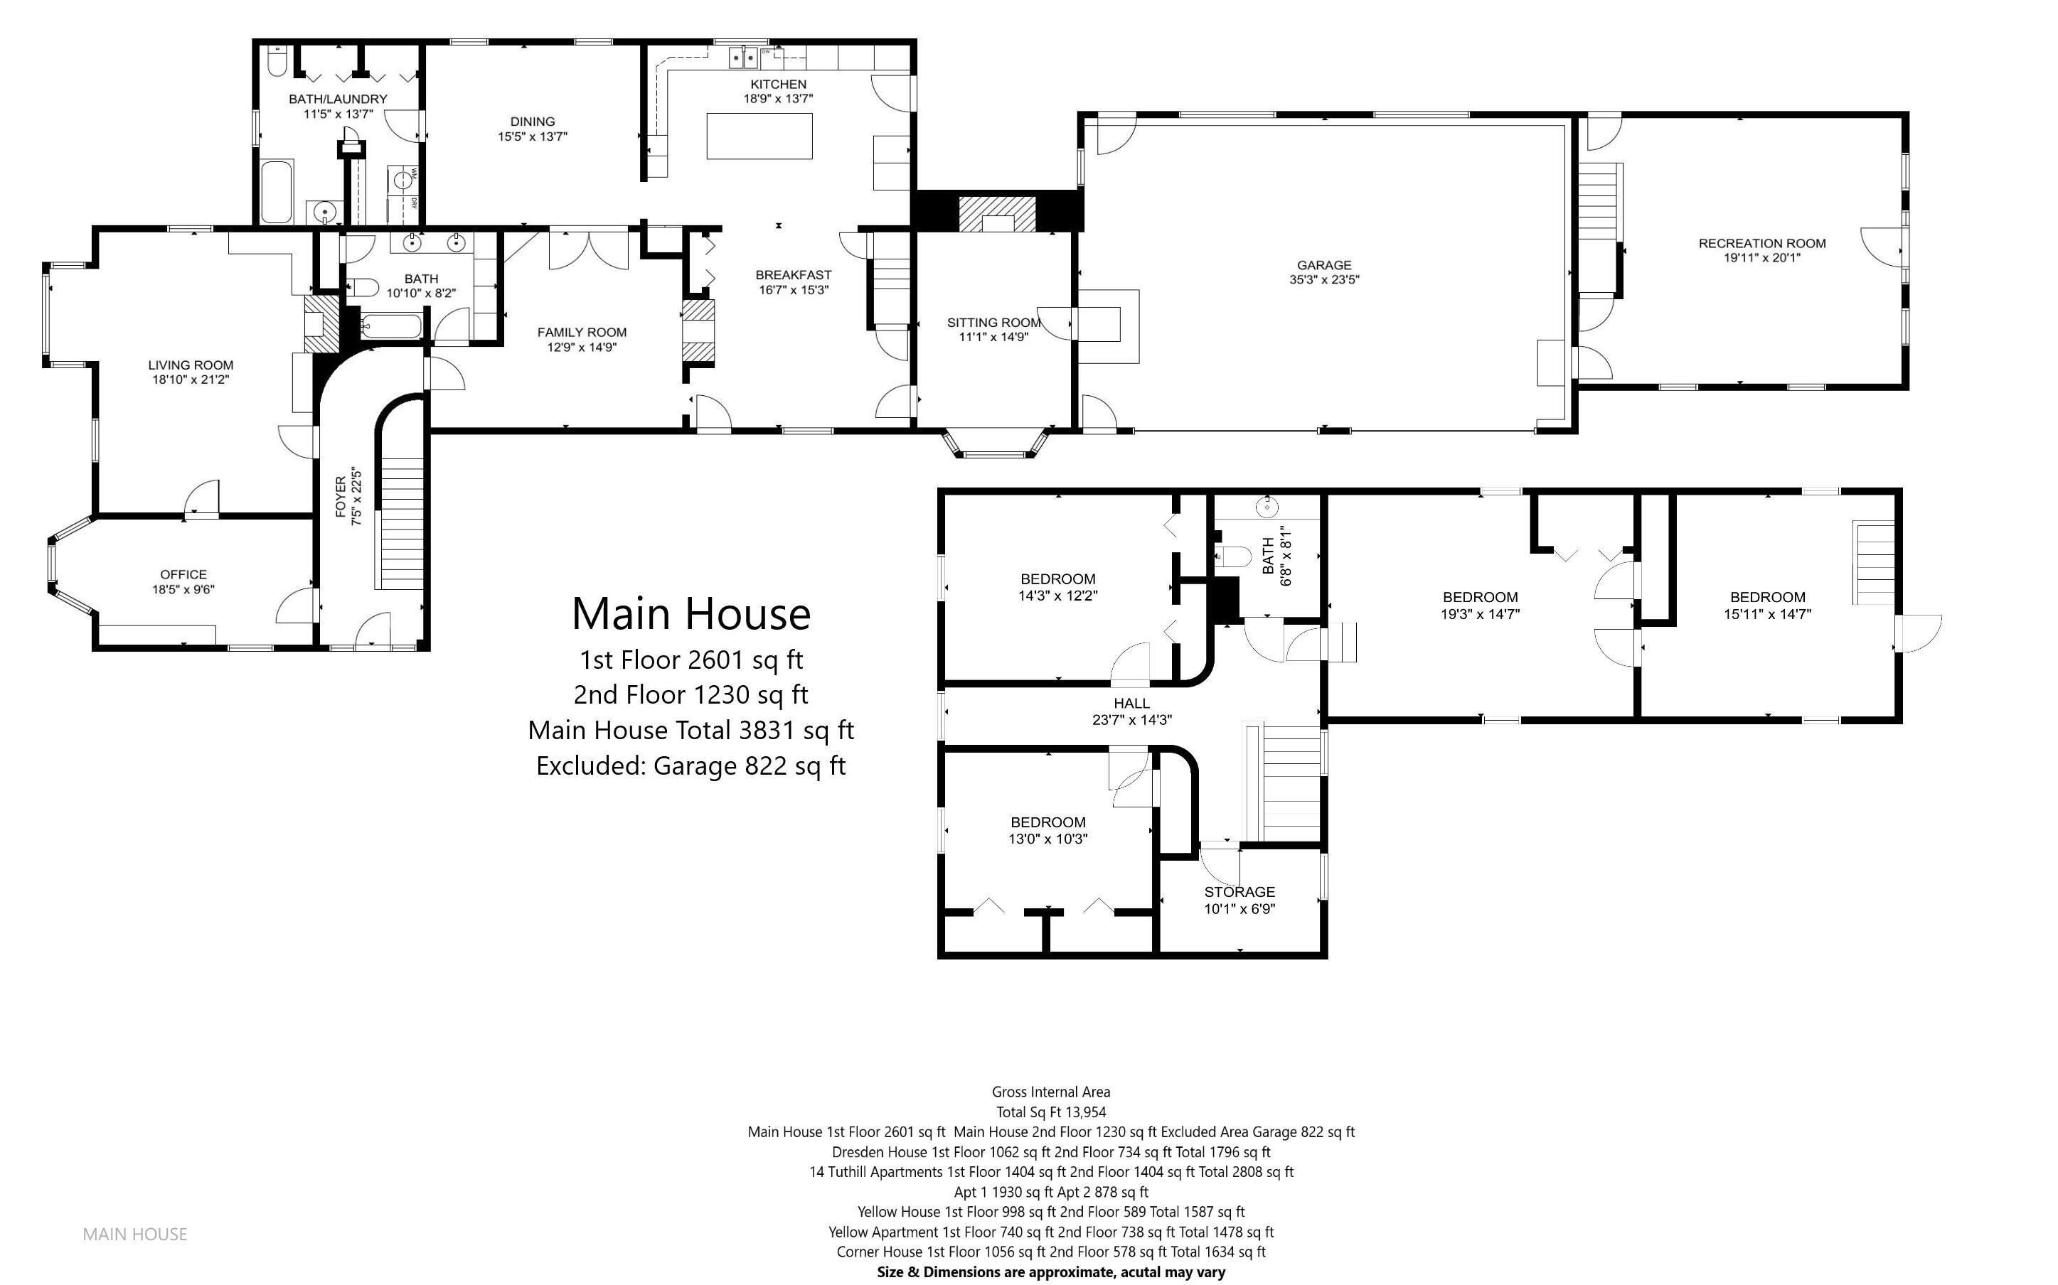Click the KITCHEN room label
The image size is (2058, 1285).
pos(778,84)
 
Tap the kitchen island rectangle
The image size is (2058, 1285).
pos(759,136)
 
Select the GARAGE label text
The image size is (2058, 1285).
pos(1323,265)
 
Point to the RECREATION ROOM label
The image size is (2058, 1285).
pos(1761,243)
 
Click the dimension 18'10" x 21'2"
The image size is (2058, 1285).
pos(191,380)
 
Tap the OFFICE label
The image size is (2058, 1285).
pos(183,574)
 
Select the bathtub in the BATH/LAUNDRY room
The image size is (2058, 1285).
pos(275,191)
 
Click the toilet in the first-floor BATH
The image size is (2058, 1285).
pos(362,288)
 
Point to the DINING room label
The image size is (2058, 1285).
pos(532,122)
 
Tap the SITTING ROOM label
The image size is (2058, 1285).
pos(993,323)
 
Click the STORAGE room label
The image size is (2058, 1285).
pos(1239,891)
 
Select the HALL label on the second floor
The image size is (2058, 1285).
pos(1131,703)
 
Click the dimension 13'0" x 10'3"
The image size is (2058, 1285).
pos(1047,839)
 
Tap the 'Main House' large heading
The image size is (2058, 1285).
pos(691,613)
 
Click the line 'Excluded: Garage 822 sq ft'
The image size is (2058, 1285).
pos(691,765)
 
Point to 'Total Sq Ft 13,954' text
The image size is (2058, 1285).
pos(1050,1112)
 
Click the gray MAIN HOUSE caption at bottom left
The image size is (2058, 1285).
pos(134,1234)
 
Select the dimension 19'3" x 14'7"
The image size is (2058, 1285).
pos(1479,613)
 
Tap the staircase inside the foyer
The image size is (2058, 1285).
pos(400,522)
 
